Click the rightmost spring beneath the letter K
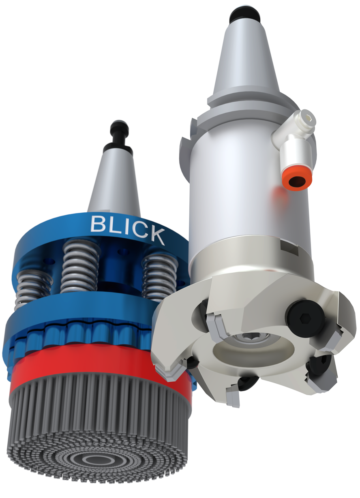point(160,276)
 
